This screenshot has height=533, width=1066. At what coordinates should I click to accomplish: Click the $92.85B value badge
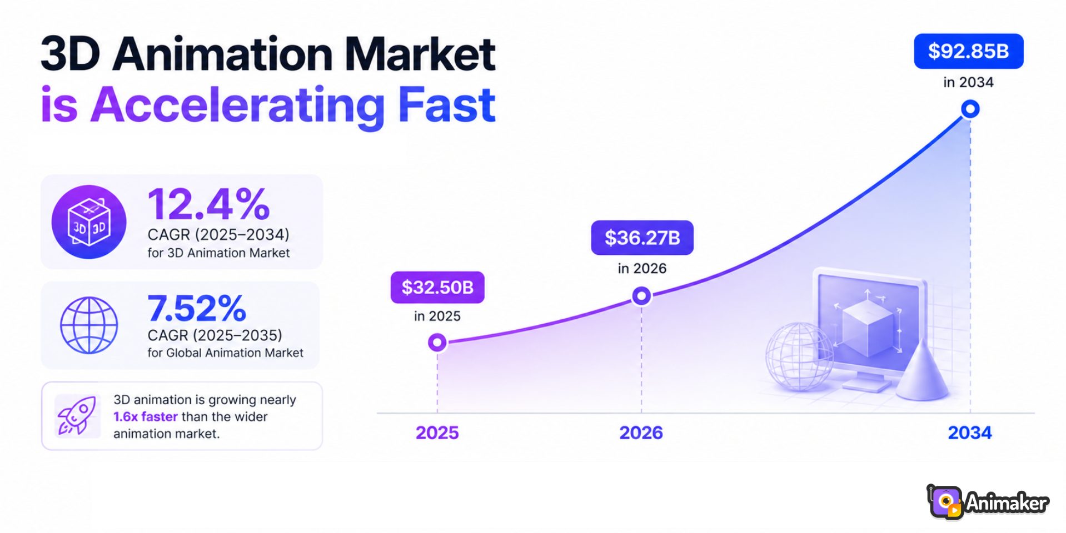968,51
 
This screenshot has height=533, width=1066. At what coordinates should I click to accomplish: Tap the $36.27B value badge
642,238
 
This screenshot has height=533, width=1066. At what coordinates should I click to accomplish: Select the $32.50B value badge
437,288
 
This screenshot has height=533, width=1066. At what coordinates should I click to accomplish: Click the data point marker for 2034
970,109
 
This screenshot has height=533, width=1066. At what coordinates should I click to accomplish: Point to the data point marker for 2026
641,296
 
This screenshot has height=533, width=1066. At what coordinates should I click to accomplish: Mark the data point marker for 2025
437,343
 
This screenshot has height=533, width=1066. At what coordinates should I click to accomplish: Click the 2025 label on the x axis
437,433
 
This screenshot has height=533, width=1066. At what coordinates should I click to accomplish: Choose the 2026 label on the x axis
641,433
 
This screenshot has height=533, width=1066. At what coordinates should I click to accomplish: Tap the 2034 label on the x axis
970,433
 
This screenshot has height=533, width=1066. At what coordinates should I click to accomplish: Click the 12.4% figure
209,204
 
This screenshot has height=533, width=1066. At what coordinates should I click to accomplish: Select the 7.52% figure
197,308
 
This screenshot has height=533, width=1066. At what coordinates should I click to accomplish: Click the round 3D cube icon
89,222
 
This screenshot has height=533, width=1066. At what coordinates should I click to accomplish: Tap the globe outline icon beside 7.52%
89,325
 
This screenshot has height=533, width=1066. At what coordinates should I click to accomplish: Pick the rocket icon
77,415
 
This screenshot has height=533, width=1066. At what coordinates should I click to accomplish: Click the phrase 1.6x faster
146,416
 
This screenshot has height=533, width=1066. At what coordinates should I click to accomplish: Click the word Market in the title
420,54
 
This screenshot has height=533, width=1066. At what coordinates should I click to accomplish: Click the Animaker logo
988,502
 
